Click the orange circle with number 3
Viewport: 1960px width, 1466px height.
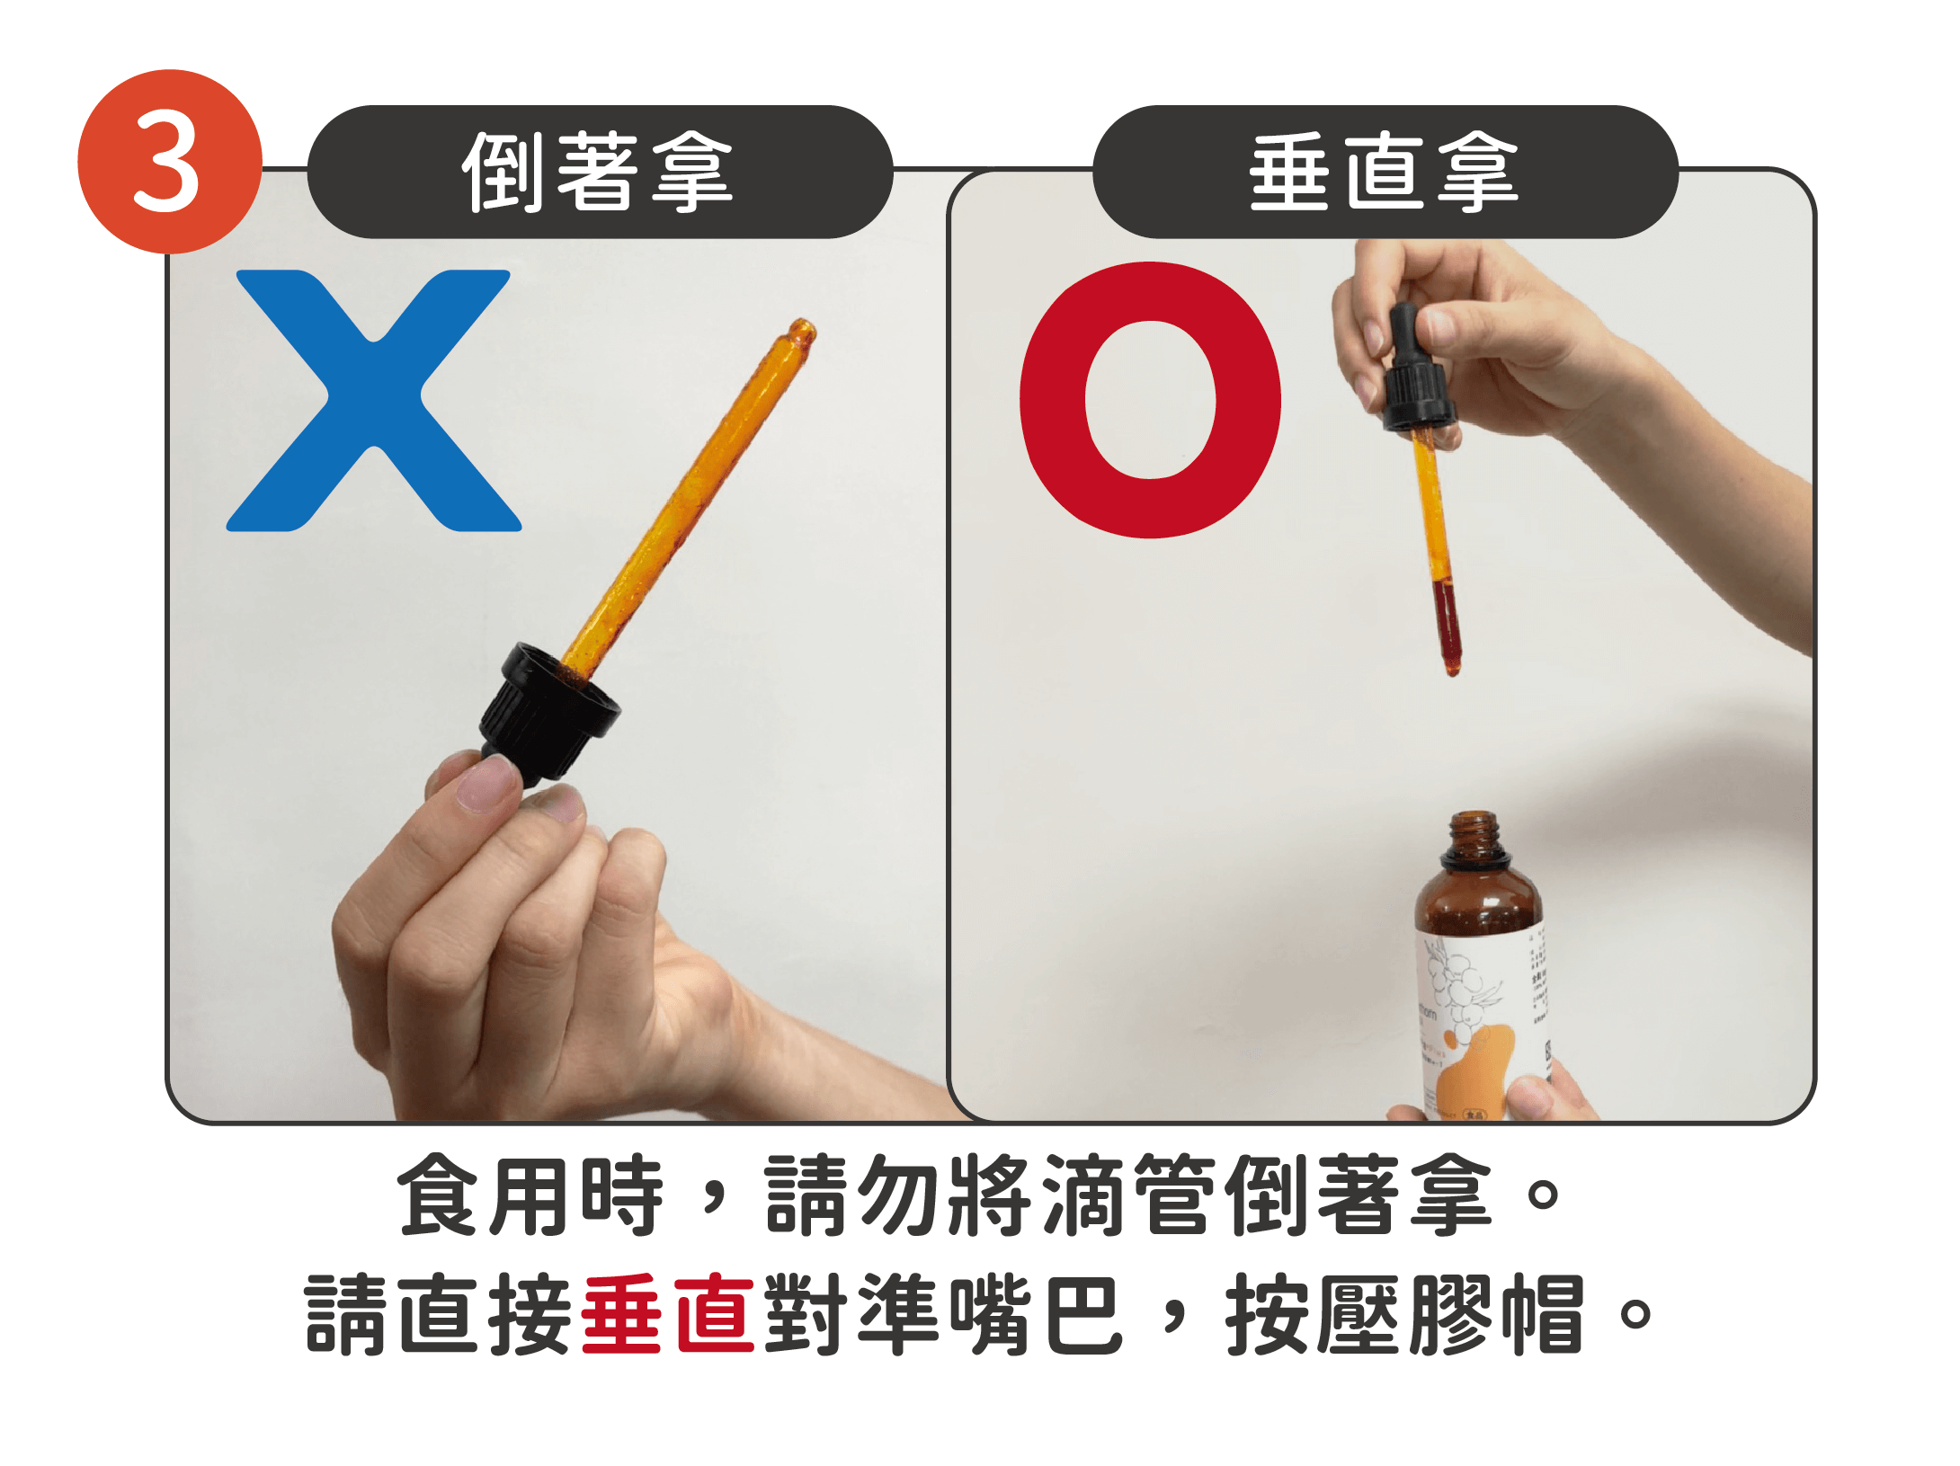(169, 162)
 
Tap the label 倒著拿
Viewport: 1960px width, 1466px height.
(599, 172)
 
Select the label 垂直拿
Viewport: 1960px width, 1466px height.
(1385, 172)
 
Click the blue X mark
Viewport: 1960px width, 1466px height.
(373, 400)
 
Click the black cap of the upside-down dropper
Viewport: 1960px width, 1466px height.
(548, 710)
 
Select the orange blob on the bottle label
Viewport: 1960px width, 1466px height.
(1474, 1070)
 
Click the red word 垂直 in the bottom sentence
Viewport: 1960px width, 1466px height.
(667, 1313)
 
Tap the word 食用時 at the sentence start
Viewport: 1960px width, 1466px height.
(530, 1195)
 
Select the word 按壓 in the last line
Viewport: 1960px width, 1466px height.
(1312, 1313)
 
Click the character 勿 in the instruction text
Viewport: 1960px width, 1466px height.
(900, 1195)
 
